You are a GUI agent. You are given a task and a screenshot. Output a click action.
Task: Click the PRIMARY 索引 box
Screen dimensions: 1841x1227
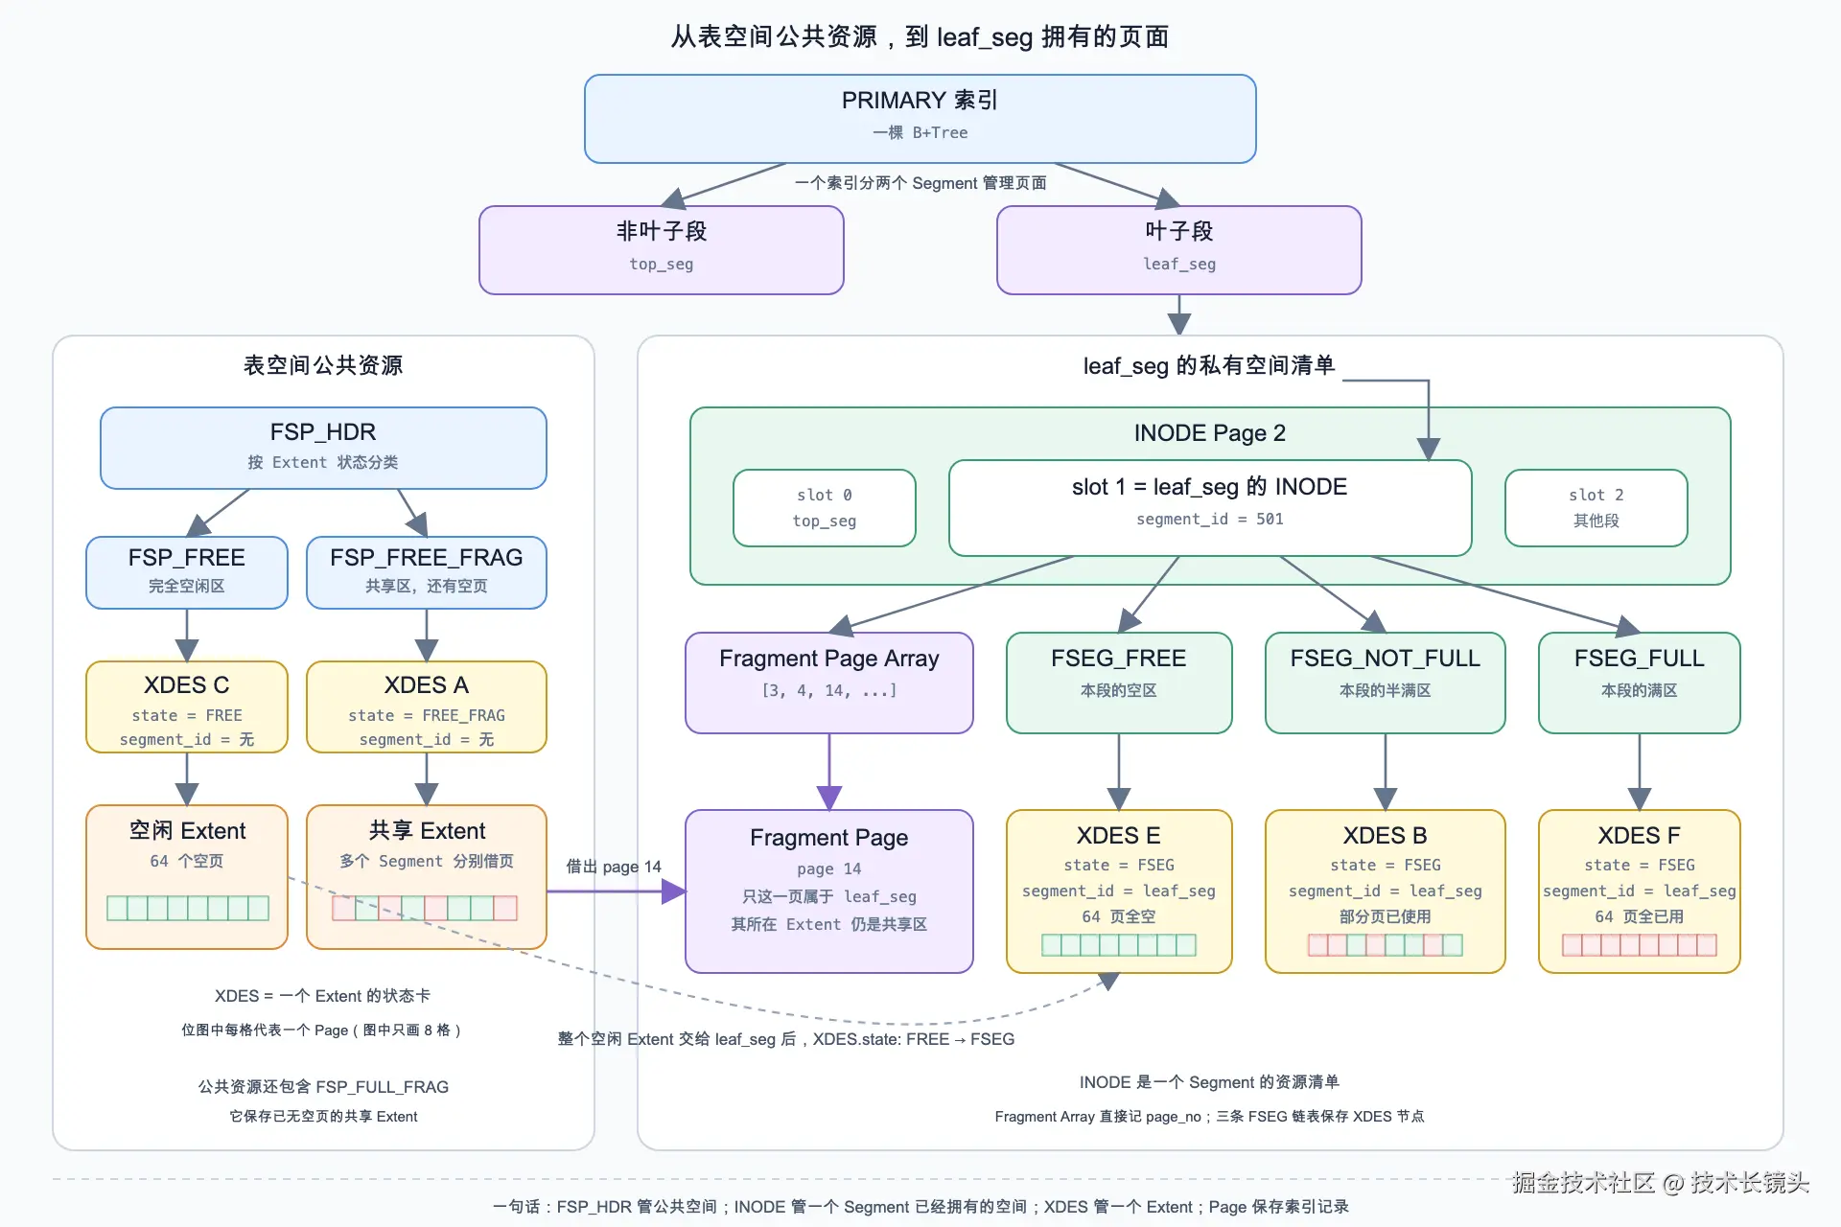pos(920,119)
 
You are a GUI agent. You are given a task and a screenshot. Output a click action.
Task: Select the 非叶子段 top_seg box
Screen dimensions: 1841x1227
pos(662,249)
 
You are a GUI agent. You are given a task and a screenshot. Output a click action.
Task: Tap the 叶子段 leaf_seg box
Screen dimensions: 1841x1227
pos(1179,249)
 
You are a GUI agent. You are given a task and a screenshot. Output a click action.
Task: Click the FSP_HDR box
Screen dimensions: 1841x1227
pos(323,448)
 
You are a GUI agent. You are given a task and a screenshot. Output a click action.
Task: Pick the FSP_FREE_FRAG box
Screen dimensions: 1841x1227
pos(427,572)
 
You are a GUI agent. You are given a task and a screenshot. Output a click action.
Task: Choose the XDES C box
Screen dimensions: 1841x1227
pos(187,706)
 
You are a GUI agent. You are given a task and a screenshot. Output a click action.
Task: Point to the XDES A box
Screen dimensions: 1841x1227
pos(427,706)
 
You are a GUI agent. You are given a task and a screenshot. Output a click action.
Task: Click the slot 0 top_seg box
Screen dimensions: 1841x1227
pos(825,508)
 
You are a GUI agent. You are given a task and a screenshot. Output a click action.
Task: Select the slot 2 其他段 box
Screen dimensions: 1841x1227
pos(1596,508)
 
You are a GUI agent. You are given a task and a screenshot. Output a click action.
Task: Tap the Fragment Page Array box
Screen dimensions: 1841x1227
pos(829,683)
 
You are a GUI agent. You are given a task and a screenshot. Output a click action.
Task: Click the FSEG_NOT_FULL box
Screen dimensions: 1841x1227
pos(1386,683)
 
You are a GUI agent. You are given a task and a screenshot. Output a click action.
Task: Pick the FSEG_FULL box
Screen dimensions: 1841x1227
pos(1640,683)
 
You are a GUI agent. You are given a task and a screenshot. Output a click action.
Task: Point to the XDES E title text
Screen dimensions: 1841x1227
pos(1119,835)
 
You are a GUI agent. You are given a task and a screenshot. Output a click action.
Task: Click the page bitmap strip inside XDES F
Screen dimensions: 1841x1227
pos(1640,945)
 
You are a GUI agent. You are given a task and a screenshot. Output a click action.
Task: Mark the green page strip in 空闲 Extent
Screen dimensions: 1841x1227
pos(188,908)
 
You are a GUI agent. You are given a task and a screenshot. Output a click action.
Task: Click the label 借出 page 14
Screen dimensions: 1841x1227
pos(614,867)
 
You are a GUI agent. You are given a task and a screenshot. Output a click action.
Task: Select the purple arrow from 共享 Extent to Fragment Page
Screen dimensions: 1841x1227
pos(616,891)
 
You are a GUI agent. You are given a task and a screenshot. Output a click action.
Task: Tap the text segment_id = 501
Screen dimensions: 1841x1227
pos(1210,519)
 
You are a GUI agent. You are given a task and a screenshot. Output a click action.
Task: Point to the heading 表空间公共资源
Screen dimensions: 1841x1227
pos(323,365)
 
